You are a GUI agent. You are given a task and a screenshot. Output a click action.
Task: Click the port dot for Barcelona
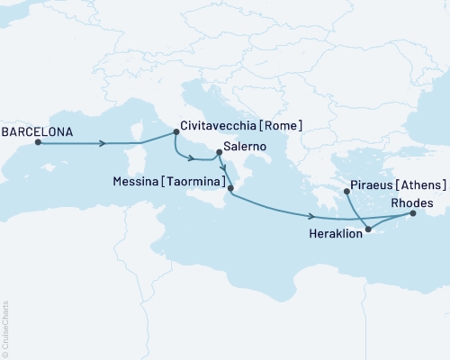click(38, 141)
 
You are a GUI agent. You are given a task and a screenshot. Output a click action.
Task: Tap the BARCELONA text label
click(37, 129)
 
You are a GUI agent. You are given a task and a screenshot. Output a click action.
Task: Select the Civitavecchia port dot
click(175, 134)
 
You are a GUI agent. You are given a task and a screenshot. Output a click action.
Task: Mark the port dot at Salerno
click(218, 164)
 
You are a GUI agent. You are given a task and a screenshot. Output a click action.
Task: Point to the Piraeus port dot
click(347, 191)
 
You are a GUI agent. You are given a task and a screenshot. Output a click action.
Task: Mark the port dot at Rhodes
click(413, 213)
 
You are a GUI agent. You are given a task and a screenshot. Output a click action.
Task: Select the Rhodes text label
click(417, 202)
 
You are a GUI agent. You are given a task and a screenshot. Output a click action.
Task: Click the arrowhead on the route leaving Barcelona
click(103, 142)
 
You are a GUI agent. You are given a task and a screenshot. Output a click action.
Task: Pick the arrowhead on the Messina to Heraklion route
click(310, 216)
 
